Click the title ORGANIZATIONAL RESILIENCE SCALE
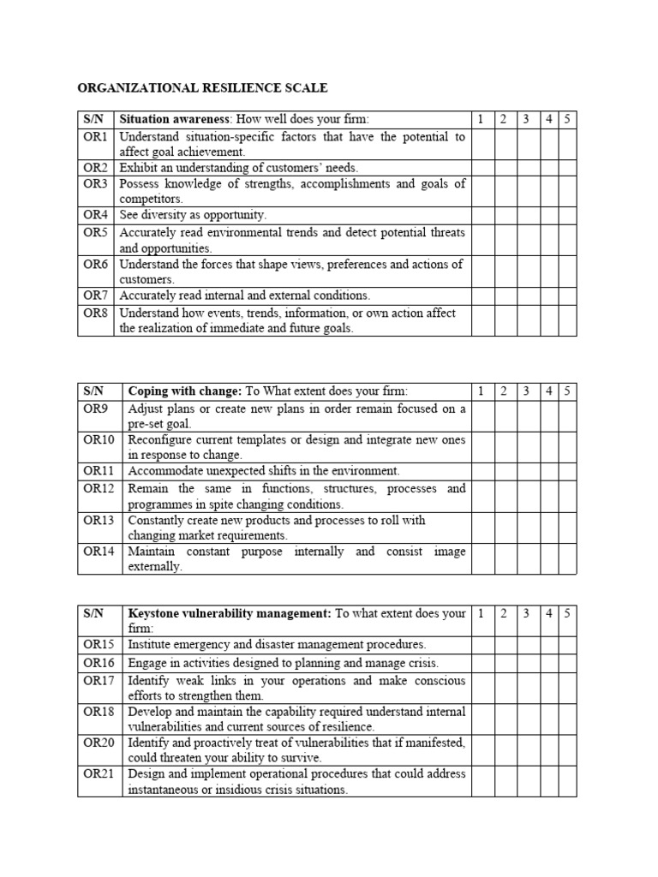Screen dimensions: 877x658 click(x=202, y=87)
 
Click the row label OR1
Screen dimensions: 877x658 click(x=95, y=137)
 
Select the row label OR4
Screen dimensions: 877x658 click(x=95, y=215)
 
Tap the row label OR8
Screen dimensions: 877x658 click(x=95, y=313)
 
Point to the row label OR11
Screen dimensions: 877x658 click(x=99, y=470)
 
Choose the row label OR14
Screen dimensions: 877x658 click(x=99, y=552)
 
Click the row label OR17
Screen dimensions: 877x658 click(x=99, y=680)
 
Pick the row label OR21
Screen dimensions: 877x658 click(x=99, y=773)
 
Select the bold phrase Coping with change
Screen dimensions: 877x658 click(x=183, y=391)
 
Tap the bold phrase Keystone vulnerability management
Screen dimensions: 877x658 click(x=230, y=613)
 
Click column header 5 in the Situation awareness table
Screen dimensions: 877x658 click(x=567, y=119)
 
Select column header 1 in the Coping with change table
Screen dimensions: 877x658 click(x=482, y=391)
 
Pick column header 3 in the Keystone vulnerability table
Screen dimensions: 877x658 click(x=526, y=613)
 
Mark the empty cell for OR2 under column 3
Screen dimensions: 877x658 click(x=526, y=168)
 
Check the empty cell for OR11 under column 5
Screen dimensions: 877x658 click(x=567, y=470)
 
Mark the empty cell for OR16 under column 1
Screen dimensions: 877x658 click(x=482, y=662)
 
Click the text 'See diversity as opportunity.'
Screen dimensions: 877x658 click(x=193, y=215)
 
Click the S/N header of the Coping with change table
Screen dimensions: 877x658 click(x=93, y=391)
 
